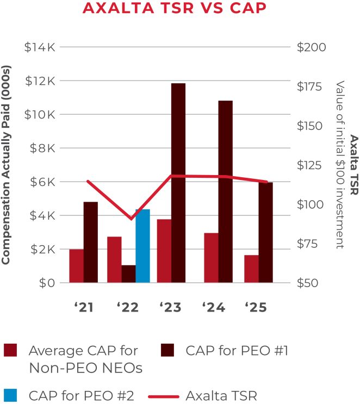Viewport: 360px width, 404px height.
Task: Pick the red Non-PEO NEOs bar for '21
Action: click(77, 266)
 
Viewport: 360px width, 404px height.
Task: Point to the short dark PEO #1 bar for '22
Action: click(128, 274)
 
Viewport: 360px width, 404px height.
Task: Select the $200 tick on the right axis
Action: click(312, 47)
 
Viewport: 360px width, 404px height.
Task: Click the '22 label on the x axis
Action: click(127, 308)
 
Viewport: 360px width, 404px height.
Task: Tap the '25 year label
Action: click(256, 308)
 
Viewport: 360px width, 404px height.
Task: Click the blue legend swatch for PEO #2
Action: click(10, 395)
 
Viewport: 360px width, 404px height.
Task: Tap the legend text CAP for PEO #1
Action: click(237, 351)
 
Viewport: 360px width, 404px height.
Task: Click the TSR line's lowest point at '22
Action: click(131, 219)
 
